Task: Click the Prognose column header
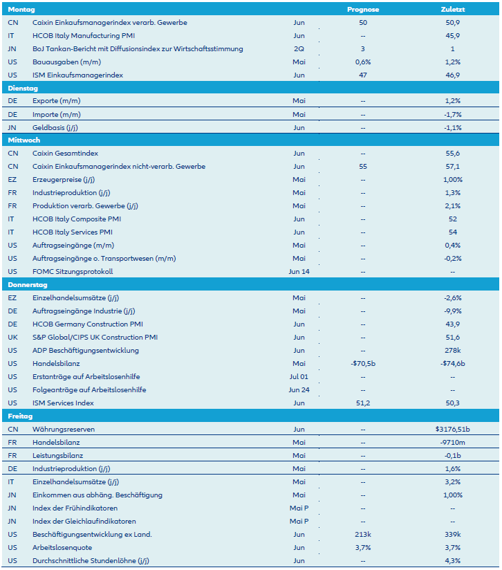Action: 363,10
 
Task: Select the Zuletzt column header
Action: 453,10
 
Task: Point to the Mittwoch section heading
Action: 24,140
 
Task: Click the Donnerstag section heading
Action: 27,284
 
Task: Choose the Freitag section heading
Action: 20,416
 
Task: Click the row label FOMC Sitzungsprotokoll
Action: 72,271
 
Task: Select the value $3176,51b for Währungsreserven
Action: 453,429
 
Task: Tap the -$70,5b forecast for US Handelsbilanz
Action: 363,363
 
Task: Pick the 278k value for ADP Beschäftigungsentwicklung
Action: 453,350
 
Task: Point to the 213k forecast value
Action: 363,534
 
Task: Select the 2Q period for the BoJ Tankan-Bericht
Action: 299,49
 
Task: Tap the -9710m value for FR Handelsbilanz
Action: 453,442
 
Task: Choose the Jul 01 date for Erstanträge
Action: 299,376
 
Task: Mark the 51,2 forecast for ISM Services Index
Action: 363,403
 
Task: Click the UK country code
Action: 12,337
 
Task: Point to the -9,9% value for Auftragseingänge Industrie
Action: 453,311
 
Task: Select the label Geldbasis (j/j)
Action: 57,127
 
